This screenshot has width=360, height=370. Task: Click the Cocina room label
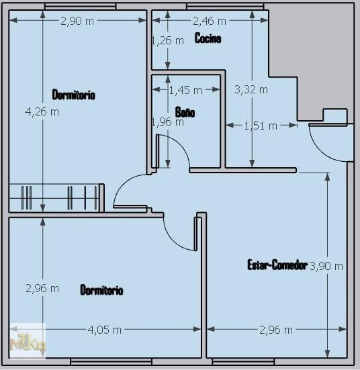coord(208,38)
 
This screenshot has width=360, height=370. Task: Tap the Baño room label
coord(185,112)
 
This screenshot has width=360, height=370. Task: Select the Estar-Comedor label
coord(277,265)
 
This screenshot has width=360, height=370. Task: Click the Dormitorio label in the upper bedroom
coord(74,95)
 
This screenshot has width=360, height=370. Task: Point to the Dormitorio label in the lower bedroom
coord(101,289)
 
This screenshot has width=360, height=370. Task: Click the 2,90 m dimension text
coord(77,21)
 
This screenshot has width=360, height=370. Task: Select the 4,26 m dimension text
coord(42,111)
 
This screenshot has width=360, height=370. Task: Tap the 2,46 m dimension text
coord(210,21)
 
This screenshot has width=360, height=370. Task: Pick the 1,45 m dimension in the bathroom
coord(185,90)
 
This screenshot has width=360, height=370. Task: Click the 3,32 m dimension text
coord(251,89)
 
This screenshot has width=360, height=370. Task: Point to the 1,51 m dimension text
coord(261,126)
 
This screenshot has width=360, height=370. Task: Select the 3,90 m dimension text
coord(326,266)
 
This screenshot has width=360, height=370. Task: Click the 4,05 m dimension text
coord(105,330)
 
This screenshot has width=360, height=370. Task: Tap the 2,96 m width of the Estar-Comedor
coord(276,330)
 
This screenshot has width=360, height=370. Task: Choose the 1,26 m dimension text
coord(168,41)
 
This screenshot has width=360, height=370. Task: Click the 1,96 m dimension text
coord(168,122)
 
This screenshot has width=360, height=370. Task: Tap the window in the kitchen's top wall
coord(225,6)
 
